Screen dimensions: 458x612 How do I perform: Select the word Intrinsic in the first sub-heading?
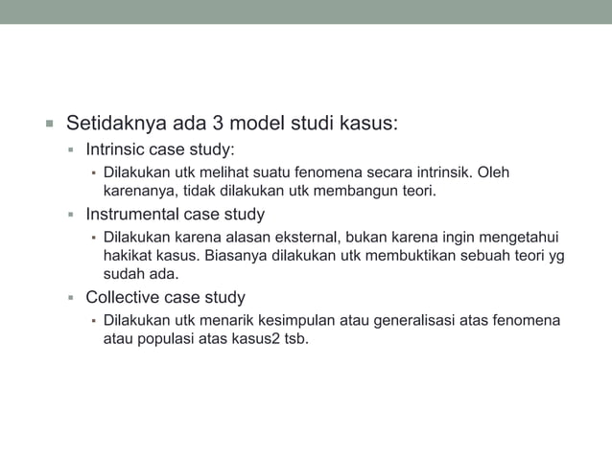pyautogui.click(x=118, y=150)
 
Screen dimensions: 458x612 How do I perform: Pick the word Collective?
pyautogui.click(x=122, y=297)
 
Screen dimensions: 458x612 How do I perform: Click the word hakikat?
pyautogui.click(x=128, y=255)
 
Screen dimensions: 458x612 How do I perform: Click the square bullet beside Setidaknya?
pyautogui.click(x=47, y=125)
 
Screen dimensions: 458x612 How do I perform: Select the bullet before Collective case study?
pyautogui.click(x=71, y=298)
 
